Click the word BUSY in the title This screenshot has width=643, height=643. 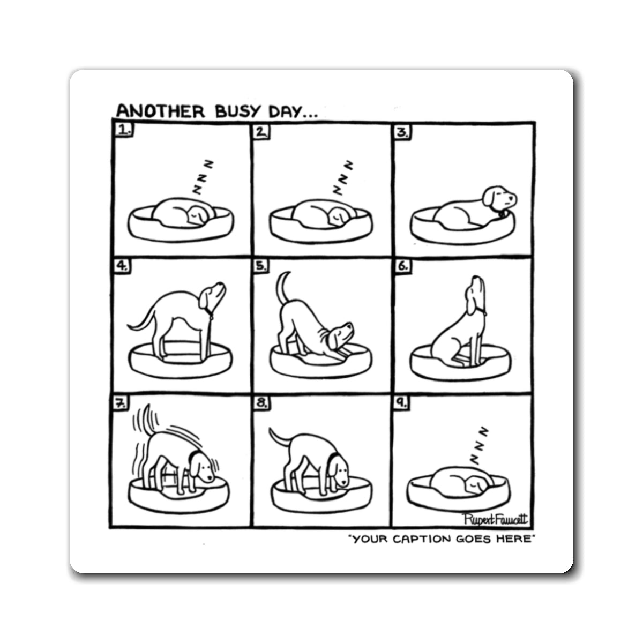(x=237, y=111)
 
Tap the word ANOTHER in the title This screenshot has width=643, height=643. (x=161, y=111)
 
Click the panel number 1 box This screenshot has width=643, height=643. (x=124, y=130)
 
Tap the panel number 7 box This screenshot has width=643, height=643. (x=120, y=403)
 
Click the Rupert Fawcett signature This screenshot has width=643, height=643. (x=495, y=519)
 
